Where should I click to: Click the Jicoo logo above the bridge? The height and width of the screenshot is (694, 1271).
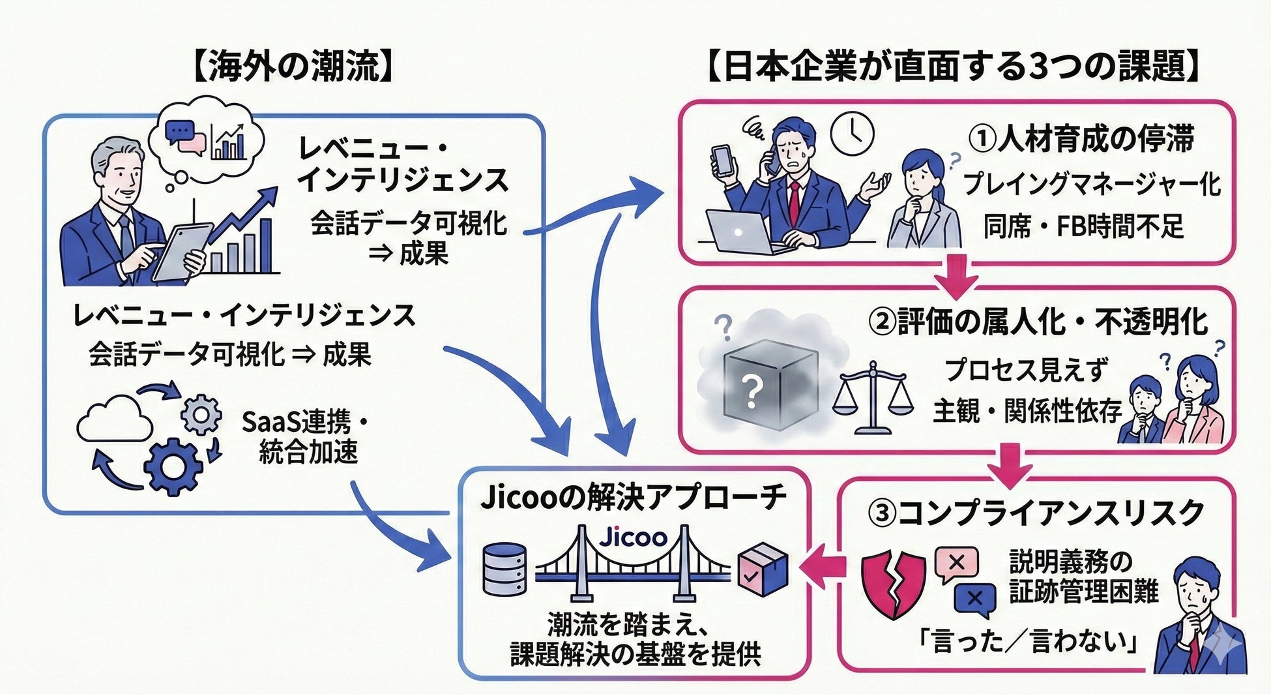pos(633,537)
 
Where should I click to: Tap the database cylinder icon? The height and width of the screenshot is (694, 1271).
pos(504,569)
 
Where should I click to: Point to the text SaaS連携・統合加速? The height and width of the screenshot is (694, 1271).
pos(305,436)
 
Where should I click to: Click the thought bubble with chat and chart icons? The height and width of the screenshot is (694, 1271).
pos(205,140)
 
